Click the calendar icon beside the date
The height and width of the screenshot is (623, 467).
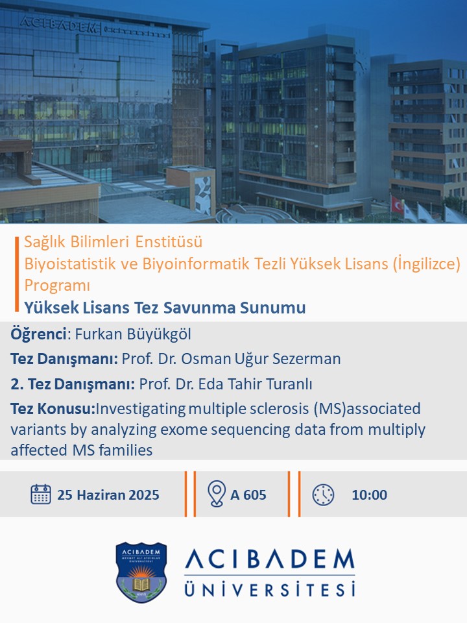40,495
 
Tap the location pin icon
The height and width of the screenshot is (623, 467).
217,493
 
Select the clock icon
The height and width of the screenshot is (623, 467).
323,495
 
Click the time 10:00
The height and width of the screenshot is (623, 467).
369,495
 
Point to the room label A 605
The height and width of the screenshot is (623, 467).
248,495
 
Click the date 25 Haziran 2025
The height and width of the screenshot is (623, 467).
108,495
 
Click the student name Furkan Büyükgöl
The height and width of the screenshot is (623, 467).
133,334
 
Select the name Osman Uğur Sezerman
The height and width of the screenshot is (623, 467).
261,359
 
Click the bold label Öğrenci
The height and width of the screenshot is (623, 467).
38,334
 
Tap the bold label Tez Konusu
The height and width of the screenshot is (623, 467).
53,408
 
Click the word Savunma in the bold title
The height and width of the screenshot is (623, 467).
198,308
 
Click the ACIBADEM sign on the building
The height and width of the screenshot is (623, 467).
59,24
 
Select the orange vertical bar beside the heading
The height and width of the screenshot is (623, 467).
17,274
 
